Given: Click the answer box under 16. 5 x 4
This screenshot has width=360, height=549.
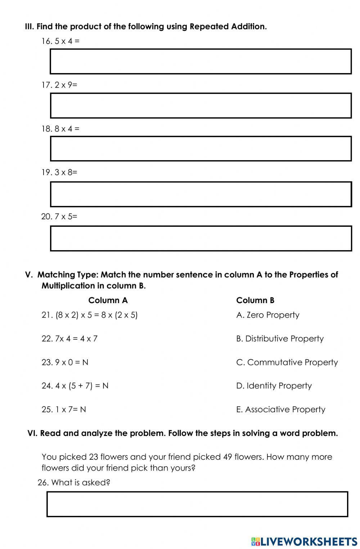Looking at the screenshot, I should click(x=201, y=62).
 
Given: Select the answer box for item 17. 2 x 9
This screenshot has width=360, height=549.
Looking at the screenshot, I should click(x=201, y=105).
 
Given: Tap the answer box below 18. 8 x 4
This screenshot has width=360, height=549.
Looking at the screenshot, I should click(x=201, y=149).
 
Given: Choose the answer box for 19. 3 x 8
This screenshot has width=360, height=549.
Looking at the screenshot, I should click(x=201, y=194).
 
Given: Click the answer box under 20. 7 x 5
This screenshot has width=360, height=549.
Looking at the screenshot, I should click(x=201, y=238).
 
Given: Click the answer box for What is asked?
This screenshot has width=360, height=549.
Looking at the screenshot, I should click(x=197, y=504).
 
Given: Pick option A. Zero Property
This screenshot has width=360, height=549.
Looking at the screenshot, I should click(x=267, y=315).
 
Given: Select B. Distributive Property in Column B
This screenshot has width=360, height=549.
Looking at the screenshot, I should click(x=280, y=339).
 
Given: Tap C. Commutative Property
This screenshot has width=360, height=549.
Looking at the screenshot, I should click(x=287, y=362).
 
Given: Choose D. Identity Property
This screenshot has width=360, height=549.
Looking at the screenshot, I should click(x=274, y=386).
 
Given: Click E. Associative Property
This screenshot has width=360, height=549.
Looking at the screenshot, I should click(x=280, y=410).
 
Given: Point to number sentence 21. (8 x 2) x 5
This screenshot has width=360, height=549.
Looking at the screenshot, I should click(x=89, y=315).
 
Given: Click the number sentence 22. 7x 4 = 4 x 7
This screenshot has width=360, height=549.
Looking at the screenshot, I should click(x=69, y=339).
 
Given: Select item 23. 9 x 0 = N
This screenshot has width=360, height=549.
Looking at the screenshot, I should click(x=65, y=362).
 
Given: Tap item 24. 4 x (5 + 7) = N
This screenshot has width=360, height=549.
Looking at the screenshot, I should click(x=75, y=386).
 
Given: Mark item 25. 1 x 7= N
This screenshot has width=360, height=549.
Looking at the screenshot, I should click(x=64, y=410).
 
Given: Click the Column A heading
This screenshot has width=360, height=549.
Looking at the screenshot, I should click(x=108, y=300).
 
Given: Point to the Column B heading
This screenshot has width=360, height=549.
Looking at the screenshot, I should click(x=255, y=300).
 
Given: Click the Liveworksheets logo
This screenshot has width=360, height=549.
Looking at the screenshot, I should click(x=304, y=541).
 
